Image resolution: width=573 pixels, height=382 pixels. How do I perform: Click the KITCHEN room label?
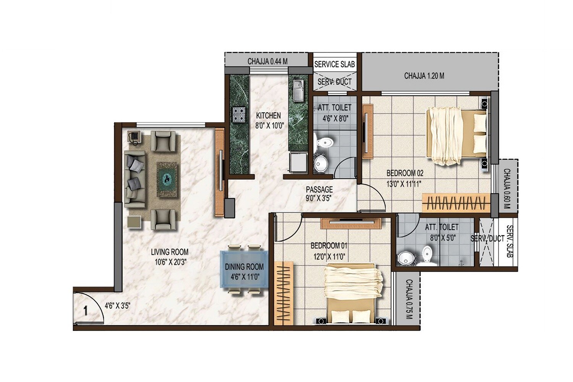pyautogui.click(x=268, y=115)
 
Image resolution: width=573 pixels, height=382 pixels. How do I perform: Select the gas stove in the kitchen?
pyautogui.click(x=239, y=114)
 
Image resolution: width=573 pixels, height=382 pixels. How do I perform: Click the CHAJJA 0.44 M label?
pyautogui.click(x=267, y=61)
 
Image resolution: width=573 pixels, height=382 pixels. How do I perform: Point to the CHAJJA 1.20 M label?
pyautogui.click(x=424, y=76)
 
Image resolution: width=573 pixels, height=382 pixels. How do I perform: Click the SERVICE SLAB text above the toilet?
pyautogui.click(x=334, y=64)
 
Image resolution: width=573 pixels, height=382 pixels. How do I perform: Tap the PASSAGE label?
pyautogui.click(x=319, y=189)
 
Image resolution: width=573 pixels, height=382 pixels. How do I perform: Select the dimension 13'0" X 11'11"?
pyautogui.click(x=404, y=184)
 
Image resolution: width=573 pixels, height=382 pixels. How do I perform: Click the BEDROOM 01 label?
pyautogui.click(x=329, y=246)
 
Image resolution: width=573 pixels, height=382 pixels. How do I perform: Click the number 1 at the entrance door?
pyautogui.click(x=86, y=311)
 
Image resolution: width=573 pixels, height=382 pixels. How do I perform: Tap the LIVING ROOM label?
pyautogui.click(x=169, y=252)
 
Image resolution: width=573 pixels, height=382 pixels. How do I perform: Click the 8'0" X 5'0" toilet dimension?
pyautogui.click(x=443, y=238)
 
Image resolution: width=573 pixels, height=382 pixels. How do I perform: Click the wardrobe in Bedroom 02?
pyautogui.click(x=456, y=202)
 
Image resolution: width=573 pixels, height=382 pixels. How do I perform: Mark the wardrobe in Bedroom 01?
pyautogui.click(x=283, y=292)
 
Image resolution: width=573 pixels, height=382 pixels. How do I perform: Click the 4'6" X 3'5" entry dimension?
pyautogui.click(x=118, y=306)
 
